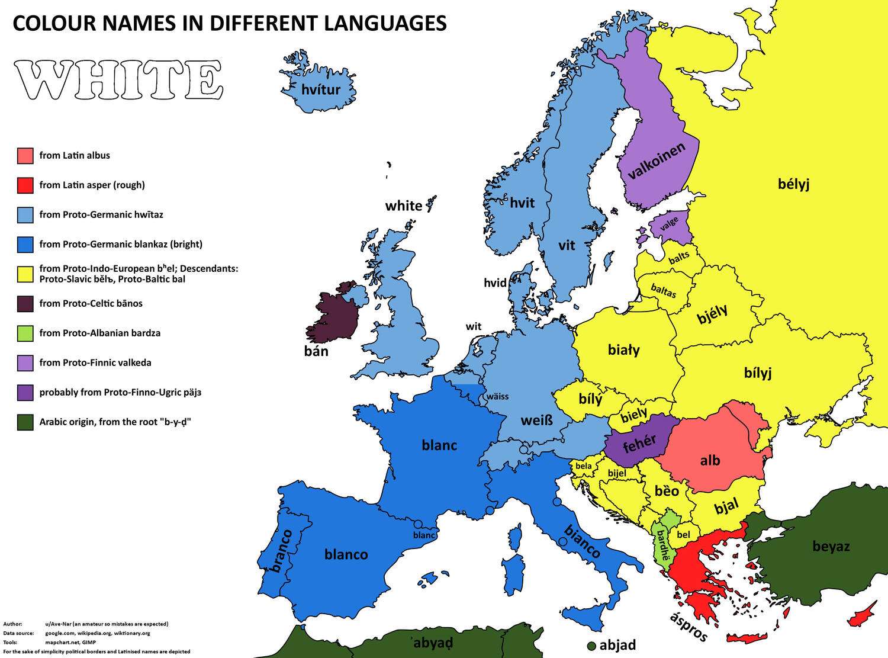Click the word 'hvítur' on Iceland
(321, 90)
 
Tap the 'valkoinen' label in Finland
(657, 161)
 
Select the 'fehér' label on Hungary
(639, 443)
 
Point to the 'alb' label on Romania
(710, 460)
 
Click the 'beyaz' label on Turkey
(831, 546)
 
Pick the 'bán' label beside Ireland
(316, 351)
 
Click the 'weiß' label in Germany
(536, 421)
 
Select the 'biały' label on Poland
(624, 350)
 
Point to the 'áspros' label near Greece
(688, 627)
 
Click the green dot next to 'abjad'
(591, 646)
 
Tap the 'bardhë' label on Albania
(661, 545)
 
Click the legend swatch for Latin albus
(25, 156)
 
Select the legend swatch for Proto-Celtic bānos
(25, 304)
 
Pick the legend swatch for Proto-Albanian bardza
(25, 333)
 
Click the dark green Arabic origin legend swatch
(25, 422)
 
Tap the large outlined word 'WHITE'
(119, 80)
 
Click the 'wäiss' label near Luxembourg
(497, 396)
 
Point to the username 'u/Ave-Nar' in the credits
(63, 624)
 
